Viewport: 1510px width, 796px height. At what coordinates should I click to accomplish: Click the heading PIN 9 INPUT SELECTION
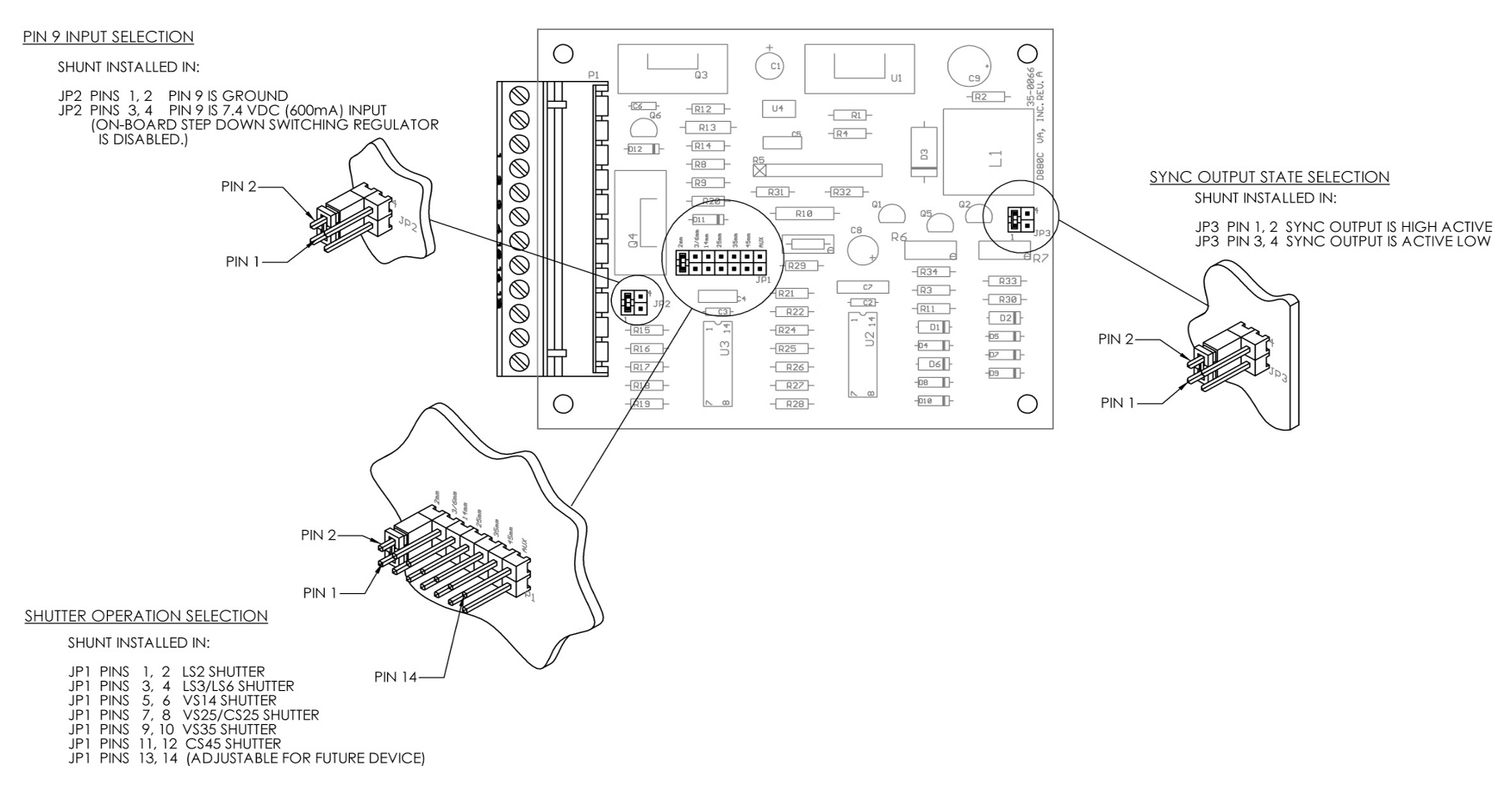[109, 38]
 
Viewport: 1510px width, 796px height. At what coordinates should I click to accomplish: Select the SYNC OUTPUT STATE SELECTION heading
[1269, 177]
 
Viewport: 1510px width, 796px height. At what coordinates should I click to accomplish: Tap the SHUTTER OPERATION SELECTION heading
[146, 617]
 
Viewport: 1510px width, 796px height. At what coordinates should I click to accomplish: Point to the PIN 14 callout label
[395, 678]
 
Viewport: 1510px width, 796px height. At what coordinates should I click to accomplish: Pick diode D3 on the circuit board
[922, 153]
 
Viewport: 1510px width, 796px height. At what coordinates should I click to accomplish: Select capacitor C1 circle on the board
[769, 65]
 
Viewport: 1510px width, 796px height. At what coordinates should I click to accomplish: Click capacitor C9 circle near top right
[969, 67]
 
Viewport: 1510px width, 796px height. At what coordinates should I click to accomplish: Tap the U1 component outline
[858, 68]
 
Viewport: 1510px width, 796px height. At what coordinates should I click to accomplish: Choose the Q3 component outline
[672, 68]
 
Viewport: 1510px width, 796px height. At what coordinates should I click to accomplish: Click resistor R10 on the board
[803, 214]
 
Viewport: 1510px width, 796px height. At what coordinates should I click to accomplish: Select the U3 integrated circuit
[718, 361]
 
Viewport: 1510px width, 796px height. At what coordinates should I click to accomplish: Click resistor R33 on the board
[1007, 281]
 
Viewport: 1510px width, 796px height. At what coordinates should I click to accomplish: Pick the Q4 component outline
[640, 222]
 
